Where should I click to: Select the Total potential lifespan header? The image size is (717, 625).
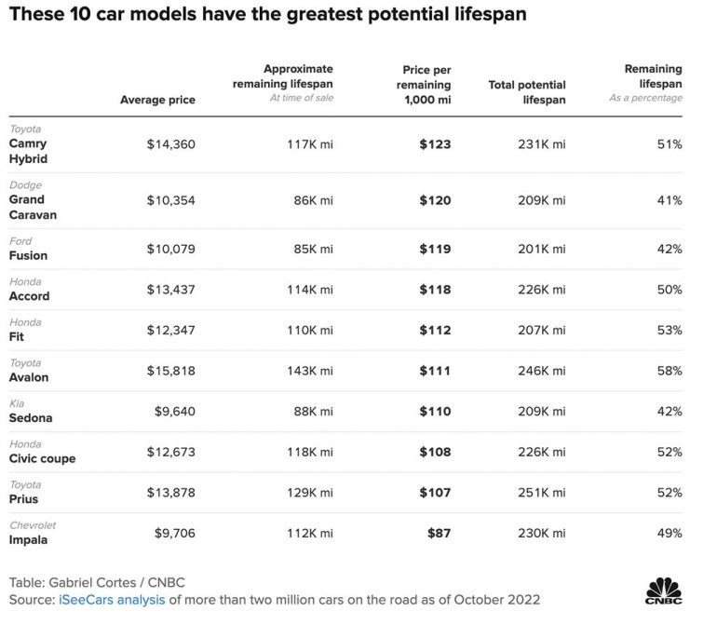526,92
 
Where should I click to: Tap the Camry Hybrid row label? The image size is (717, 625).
28,151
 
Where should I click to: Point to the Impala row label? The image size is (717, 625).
28,539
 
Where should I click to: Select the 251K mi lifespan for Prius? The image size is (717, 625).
541,493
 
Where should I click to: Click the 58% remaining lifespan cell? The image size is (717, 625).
670,371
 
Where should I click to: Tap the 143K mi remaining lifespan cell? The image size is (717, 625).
309,371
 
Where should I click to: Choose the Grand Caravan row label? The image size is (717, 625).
33,207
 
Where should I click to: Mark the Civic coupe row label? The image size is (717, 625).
42,458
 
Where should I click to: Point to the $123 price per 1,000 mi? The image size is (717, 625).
435,144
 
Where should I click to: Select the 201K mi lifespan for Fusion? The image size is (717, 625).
541,249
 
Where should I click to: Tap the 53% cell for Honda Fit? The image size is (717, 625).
670,330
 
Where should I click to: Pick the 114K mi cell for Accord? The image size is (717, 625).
309,290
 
